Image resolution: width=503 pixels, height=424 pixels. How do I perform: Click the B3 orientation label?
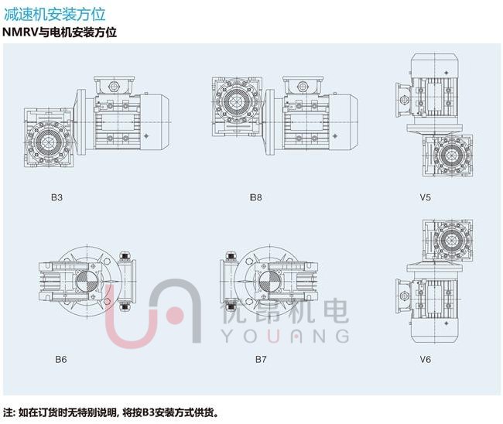[x=57, y=197]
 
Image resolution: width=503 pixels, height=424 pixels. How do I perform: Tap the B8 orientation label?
[x=256, y=197]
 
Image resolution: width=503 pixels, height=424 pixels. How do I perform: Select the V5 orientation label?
[x=426, y=197]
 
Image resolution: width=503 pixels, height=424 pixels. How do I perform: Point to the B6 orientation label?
[x=60, y=359]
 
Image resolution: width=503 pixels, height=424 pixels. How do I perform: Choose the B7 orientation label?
[x=261, y=359]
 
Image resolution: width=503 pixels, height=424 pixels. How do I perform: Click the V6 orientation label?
[x=426, y=359]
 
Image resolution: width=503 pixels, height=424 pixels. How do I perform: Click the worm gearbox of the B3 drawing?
[x=51, y=140]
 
